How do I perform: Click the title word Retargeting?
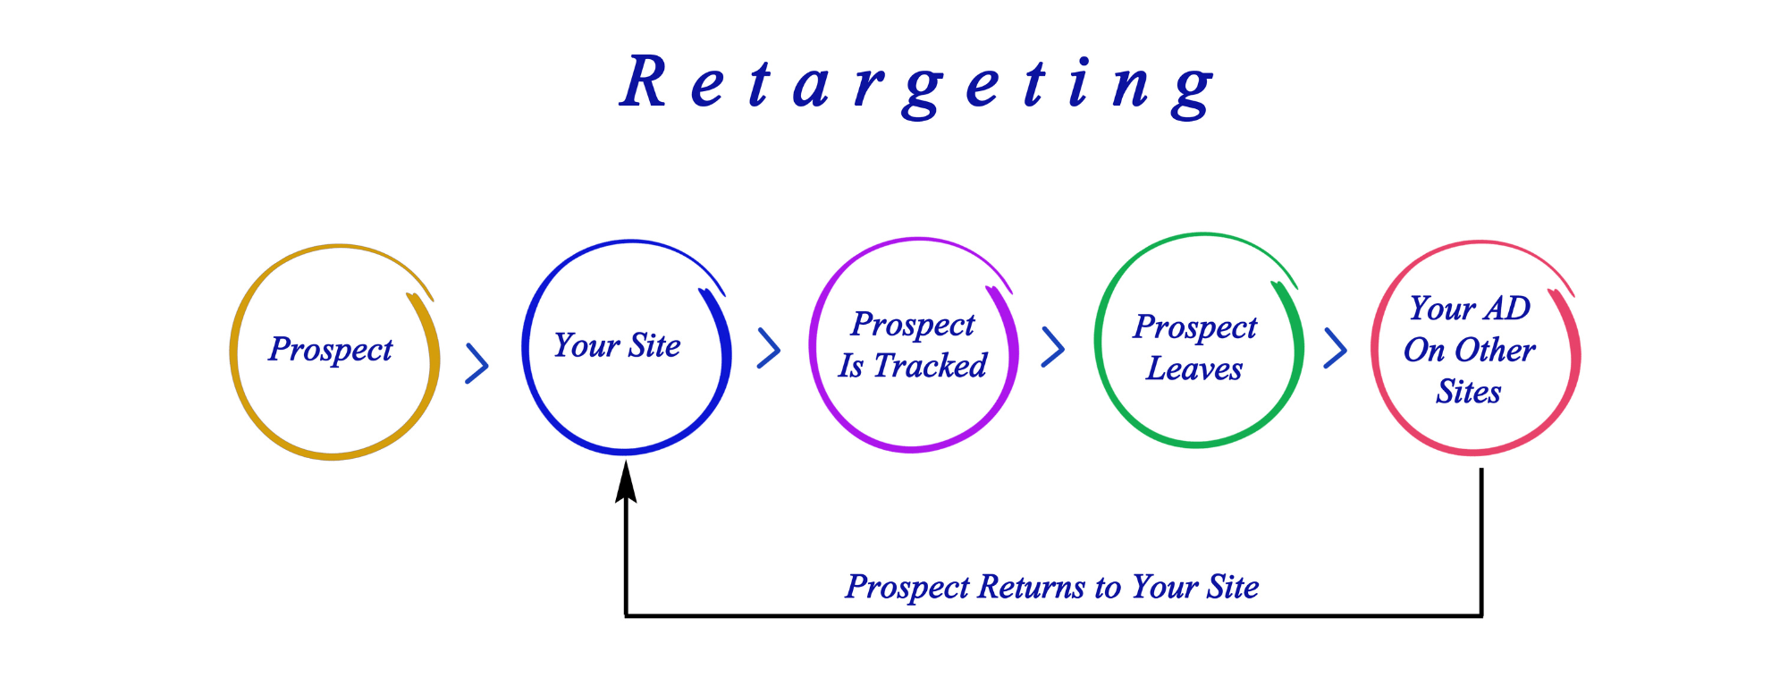(917, 86)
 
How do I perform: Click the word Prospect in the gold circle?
(331, 350)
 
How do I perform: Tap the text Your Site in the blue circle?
(617, 345)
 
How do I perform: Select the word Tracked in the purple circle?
(931, 365)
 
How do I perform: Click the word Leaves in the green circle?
(1194, 369)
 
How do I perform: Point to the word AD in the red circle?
(1507, 309)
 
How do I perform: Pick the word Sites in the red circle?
(1469, 392)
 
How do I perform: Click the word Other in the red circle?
(1496, 350)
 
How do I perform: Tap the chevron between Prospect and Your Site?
(477, 363)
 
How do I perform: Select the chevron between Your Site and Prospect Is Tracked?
(769, 348)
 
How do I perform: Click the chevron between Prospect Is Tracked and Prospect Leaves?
(1053, 347)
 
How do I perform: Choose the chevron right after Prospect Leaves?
(1336, 348)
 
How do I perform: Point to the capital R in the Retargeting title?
(644, 82)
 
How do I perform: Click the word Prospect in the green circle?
(1195, 328)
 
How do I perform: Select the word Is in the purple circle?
(851, 365)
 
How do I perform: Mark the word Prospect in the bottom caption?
(907, 588)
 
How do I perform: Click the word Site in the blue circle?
(654, 345)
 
